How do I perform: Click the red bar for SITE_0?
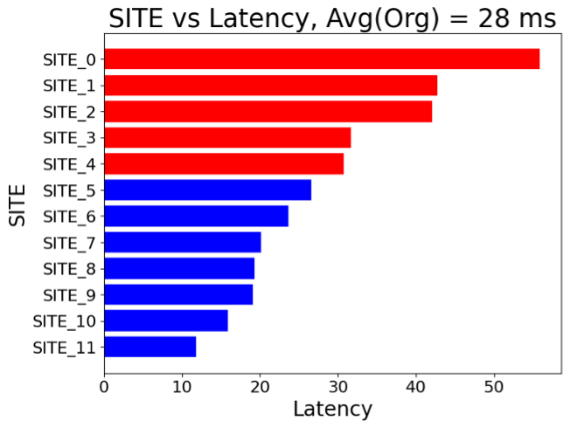322,59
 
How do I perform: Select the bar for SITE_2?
268,112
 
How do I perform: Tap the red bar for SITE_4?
224,163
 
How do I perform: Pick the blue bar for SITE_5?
207,190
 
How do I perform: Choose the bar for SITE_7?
183,242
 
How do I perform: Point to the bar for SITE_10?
166,321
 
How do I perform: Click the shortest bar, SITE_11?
149,347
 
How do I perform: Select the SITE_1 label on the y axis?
69,86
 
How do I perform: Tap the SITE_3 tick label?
69,138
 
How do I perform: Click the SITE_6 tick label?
69,216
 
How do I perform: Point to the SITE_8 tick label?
69,268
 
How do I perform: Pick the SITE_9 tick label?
69,294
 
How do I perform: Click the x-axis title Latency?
332,409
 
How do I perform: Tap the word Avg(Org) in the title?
393,18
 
